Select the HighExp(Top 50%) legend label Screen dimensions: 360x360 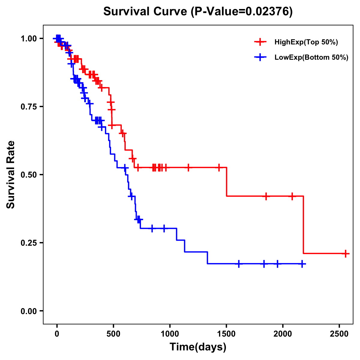pyautogui.click(x=306, y=42)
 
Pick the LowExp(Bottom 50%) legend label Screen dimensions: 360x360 pyautogui.click(x=311, y=58)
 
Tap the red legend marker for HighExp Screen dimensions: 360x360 pyautogui.click(x=260, y=42)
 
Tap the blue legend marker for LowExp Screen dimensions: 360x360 pyautogui.click(x=260, y=57)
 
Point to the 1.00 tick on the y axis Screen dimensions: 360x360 pyautogui.click(x=28, y=38)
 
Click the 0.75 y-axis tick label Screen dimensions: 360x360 pyautogui.click(x=28, y=106)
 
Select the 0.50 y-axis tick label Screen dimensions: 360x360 pyautogui.click(x=28, y=175)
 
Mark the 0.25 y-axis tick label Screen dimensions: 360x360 pyautogui.click(x=28, y=243)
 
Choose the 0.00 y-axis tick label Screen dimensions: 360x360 pyautogui.click(x=28, y=311)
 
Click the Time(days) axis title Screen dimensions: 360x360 pyautogui.click(x=198, y=347)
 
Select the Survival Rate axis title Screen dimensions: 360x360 pyautogui.click(x=11, y=175)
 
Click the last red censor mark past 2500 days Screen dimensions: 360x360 pyautogui.click(x=345, y=253)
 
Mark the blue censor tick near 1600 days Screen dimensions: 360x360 pyautogui.click(x=239, y=264)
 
